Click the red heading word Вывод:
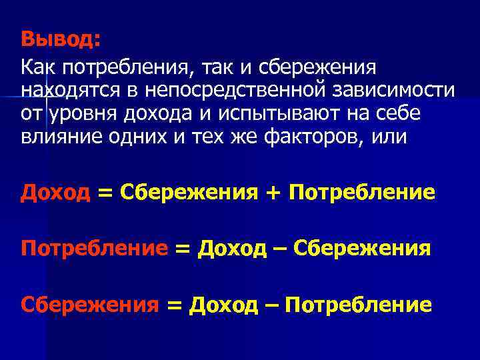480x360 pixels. pos(61,39)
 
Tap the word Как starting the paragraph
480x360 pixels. pos(39,67)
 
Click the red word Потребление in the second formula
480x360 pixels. pos(94,249)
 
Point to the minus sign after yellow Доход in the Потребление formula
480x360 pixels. pos(279,250)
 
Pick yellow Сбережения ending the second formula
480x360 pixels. pos(362,249)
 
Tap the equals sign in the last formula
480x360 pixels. pos(173,306)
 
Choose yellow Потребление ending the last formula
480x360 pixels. pos(358,305)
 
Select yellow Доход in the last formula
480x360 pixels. pos(223,305)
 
